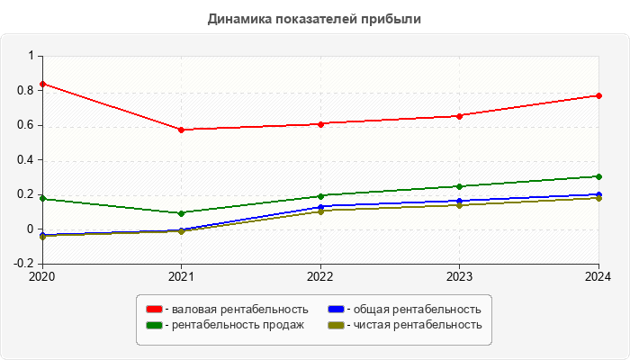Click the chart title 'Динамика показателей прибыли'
point(314,18)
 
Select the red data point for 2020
point(42,84)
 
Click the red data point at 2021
point(181,130)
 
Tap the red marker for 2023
point(459,116)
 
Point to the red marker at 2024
point(598,95)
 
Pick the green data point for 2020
point(42,199)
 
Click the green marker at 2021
point(181,213)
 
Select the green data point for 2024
point(598,176)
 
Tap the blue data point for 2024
point(598,194)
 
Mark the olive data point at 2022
point(320,211)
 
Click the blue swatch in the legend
point(336,310)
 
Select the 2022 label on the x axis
point(320,276)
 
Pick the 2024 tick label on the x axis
point(598,276)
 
